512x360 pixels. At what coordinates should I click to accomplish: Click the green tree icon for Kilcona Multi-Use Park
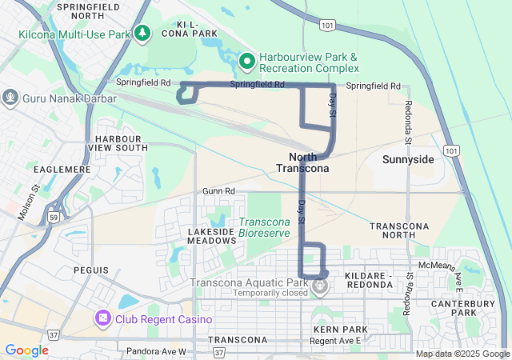click(x=142, y=33)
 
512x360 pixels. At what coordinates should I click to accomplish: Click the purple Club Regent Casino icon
click(x=102, y=319)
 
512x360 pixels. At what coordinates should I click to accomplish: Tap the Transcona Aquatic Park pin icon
click(x=320, y=284)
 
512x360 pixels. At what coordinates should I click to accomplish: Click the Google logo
click(x=26, y=350)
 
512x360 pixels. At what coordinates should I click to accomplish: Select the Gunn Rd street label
click(x=218, y=191)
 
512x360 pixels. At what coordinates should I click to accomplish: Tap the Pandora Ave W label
click(x=156, y=351)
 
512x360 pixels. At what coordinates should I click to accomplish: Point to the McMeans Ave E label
click(x=438, y=266)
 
